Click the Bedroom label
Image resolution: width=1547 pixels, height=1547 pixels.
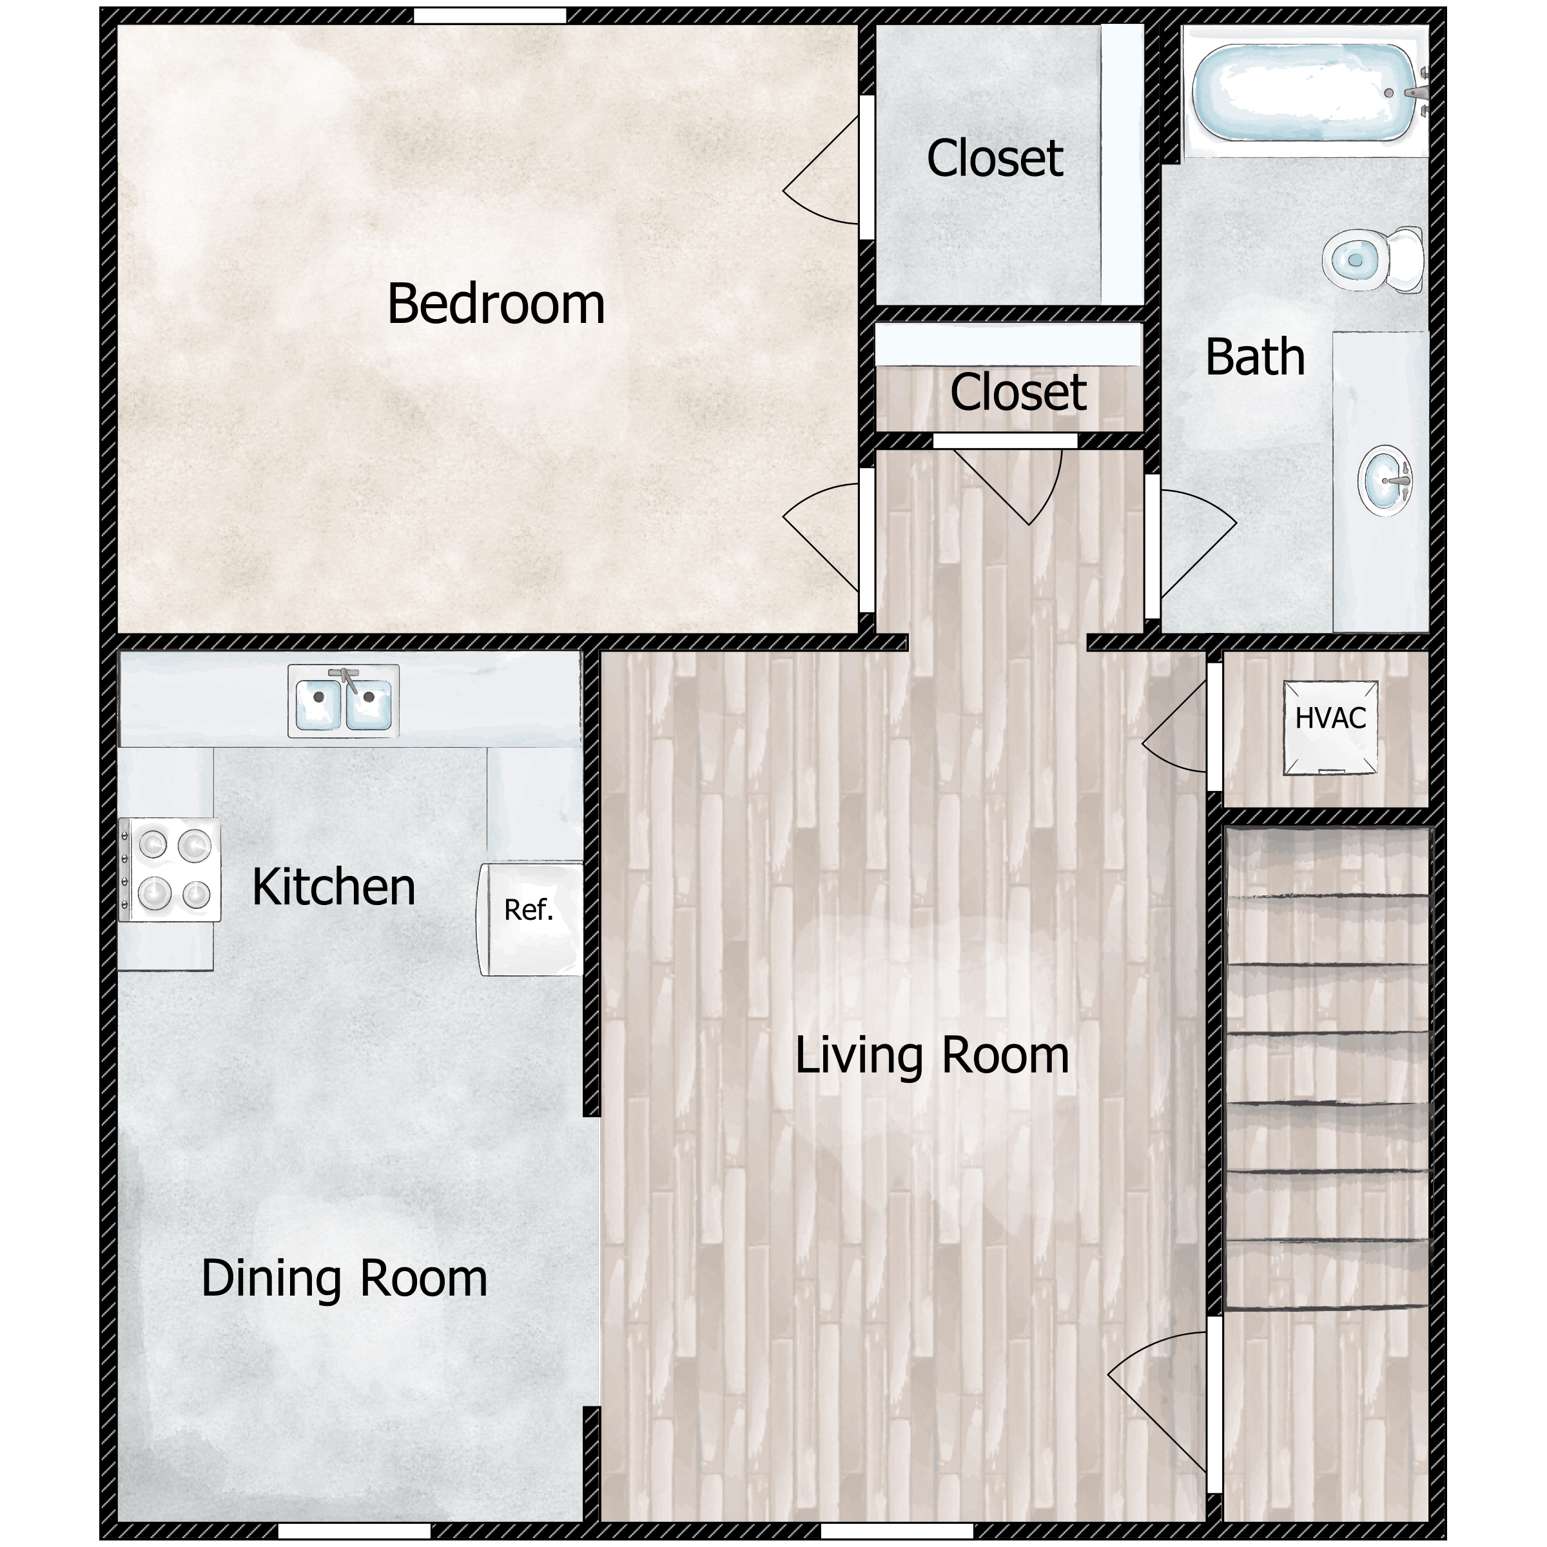(496, 304)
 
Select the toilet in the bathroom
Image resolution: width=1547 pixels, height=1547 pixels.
(1372, 259)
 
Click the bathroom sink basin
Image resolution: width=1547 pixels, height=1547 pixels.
(1385, 480)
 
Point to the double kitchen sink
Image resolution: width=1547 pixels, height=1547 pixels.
(344, 701)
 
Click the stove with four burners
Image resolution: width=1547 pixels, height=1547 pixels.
(170, 870)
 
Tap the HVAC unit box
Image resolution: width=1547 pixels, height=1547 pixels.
(1331, 728)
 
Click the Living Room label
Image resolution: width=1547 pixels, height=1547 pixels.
(932, 1055)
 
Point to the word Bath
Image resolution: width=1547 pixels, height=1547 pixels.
(1255, 356)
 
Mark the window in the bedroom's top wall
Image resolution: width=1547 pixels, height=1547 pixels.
(490, 16)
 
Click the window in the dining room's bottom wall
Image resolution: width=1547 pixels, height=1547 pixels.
(355, 1531)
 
